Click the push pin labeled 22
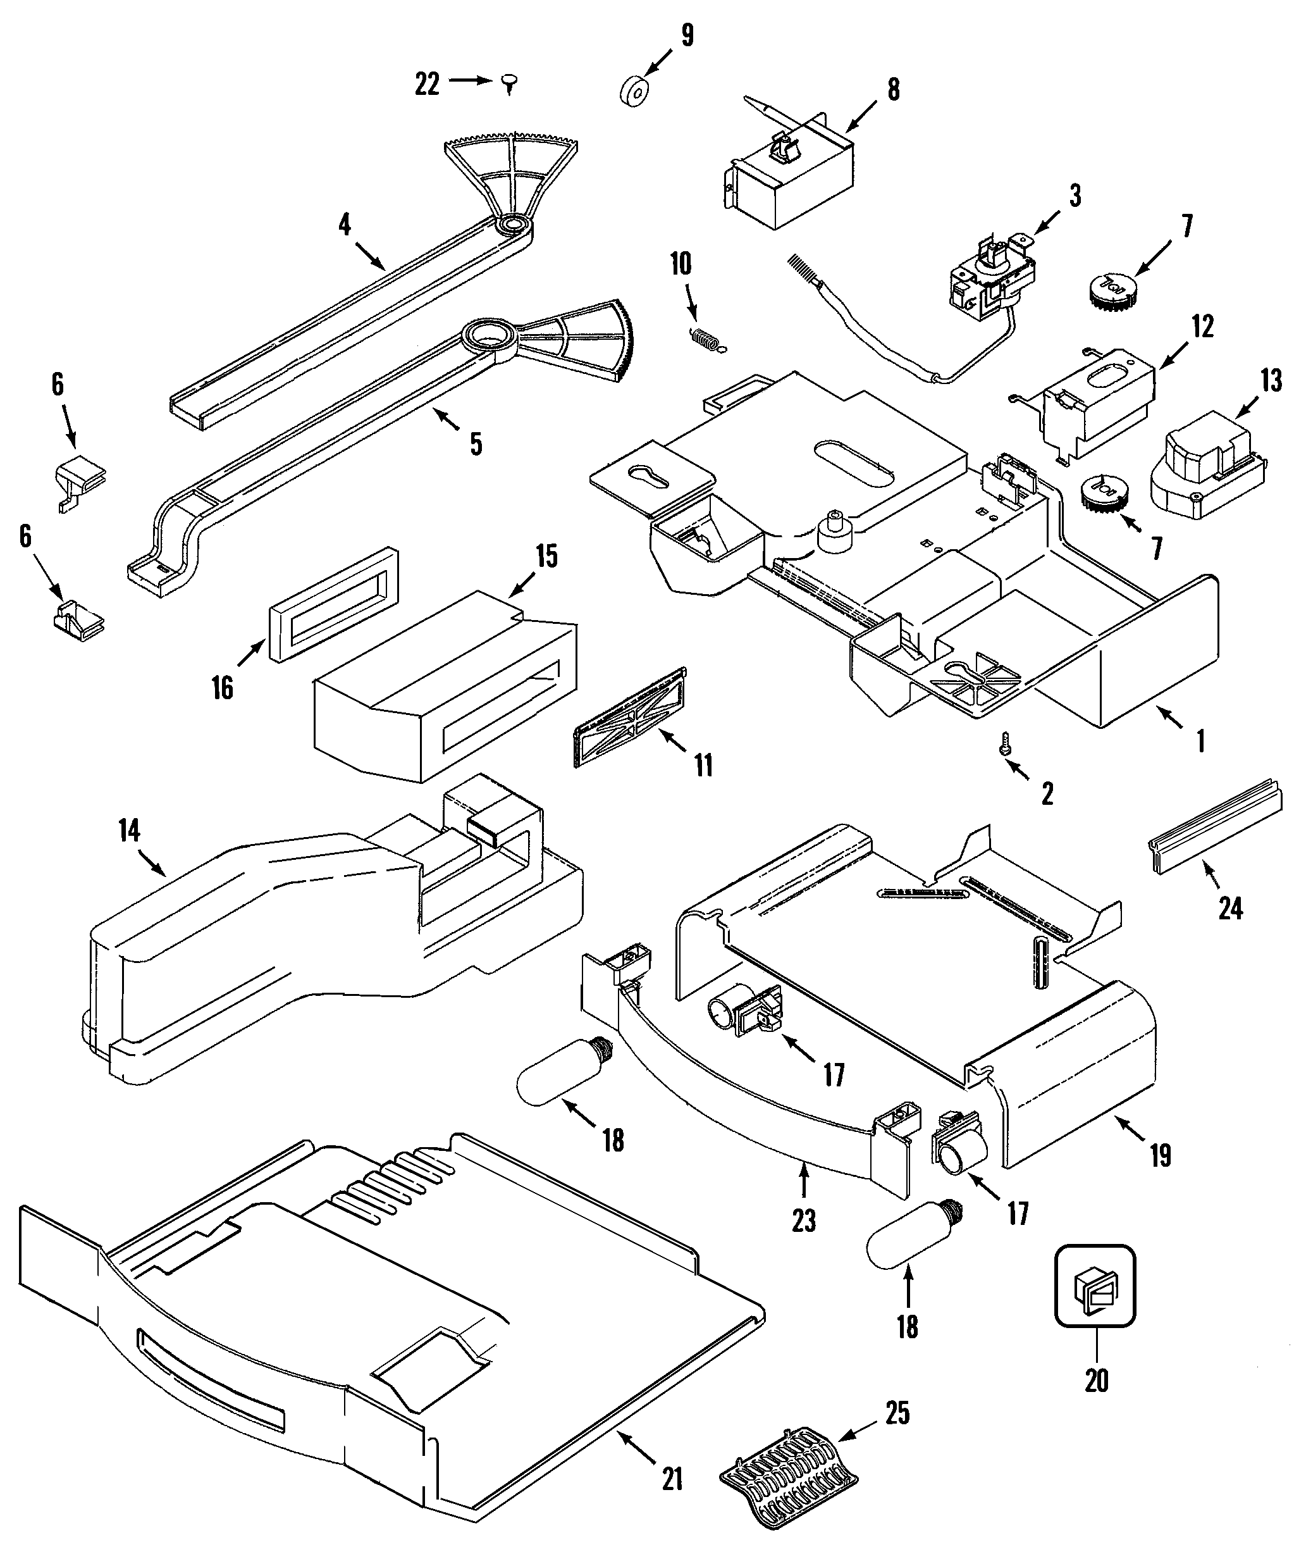(509, 84)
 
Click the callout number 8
(894, 90)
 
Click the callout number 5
(476, 444)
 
